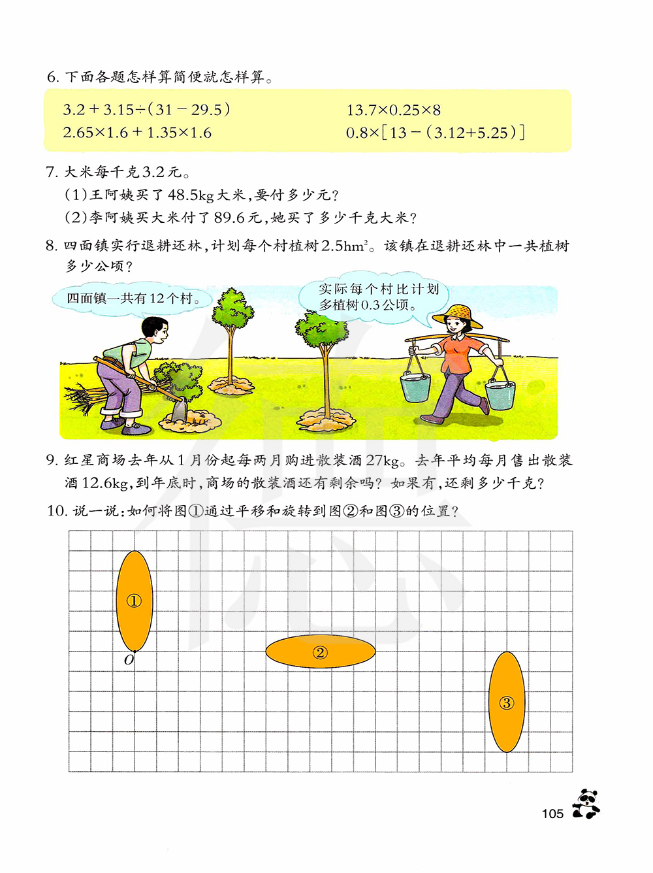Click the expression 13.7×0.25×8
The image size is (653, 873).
click(x=393, y=110)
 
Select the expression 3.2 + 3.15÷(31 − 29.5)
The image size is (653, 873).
click(x=146, y=109)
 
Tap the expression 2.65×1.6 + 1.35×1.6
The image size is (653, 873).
click(x=137, y=133)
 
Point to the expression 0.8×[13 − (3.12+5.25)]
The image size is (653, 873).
click(x=435, y=133)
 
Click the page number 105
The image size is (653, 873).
click(x=552, y=814)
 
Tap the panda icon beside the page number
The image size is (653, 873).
click(x=586, y=804)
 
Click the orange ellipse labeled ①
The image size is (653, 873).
click(x=134, y=601)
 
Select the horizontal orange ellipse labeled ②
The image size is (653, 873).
click(x=320, y=652)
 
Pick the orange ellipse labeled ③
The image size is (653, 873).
click(x=507, y=702)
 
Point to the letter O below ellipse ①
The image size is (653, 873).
click(x=129, y=661)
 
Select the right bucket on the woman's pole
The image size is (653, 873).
click(x=500, y=394)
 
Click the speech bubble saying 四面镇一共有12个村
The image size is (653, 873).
click(x=133, y=299)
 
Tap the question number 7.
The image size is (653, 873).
click(x=52, y=172)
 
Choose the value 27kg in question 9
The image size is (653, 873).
click(x=383, y=460)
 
